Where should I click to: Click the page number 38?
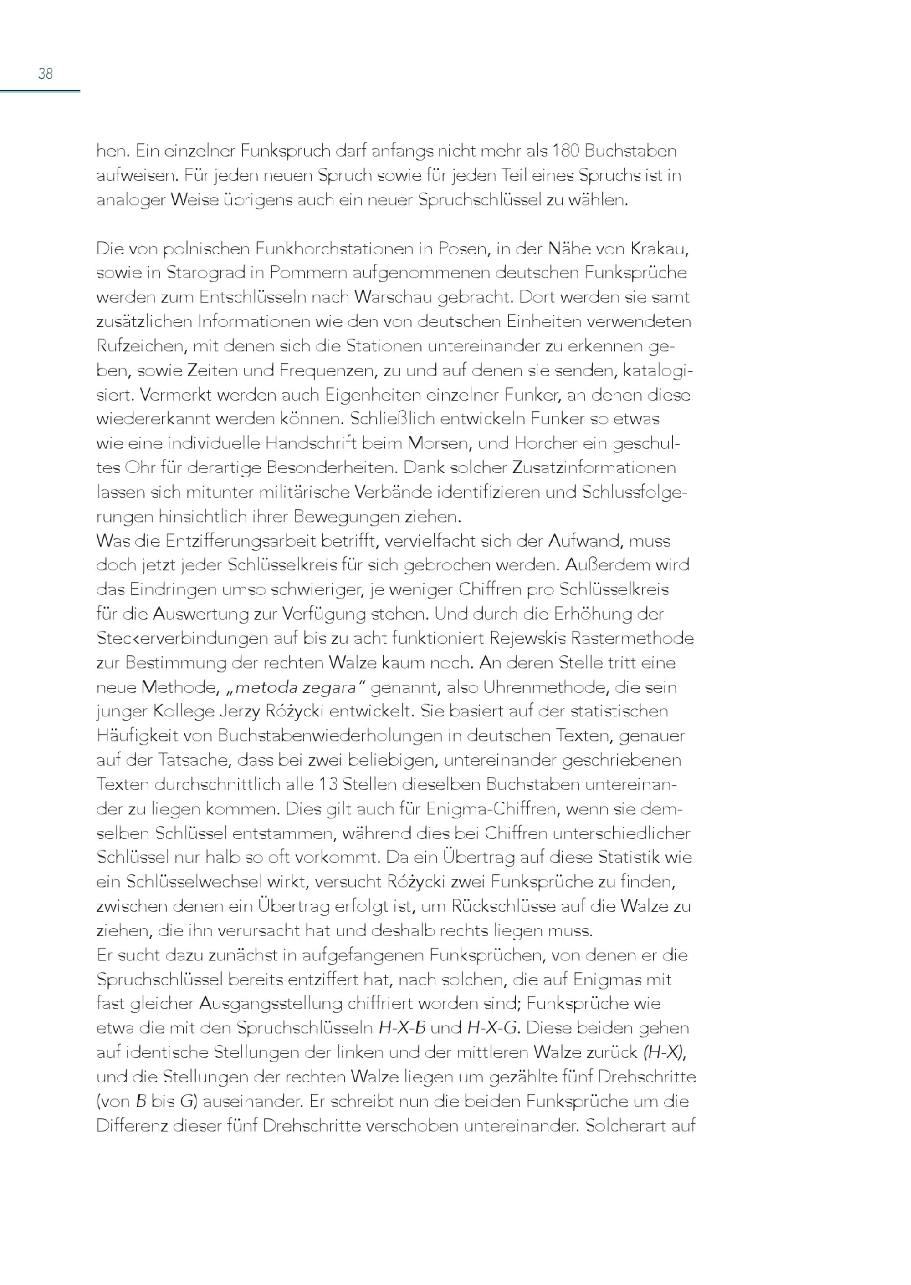pos(46,73)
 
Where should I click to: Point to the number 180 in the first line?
pos(567,151)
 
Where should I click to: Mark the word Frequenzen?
pos(322,371)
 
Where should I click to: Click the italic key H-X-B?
pos(402,1028)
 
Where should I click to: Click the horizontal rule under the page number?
pos(40,91)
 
